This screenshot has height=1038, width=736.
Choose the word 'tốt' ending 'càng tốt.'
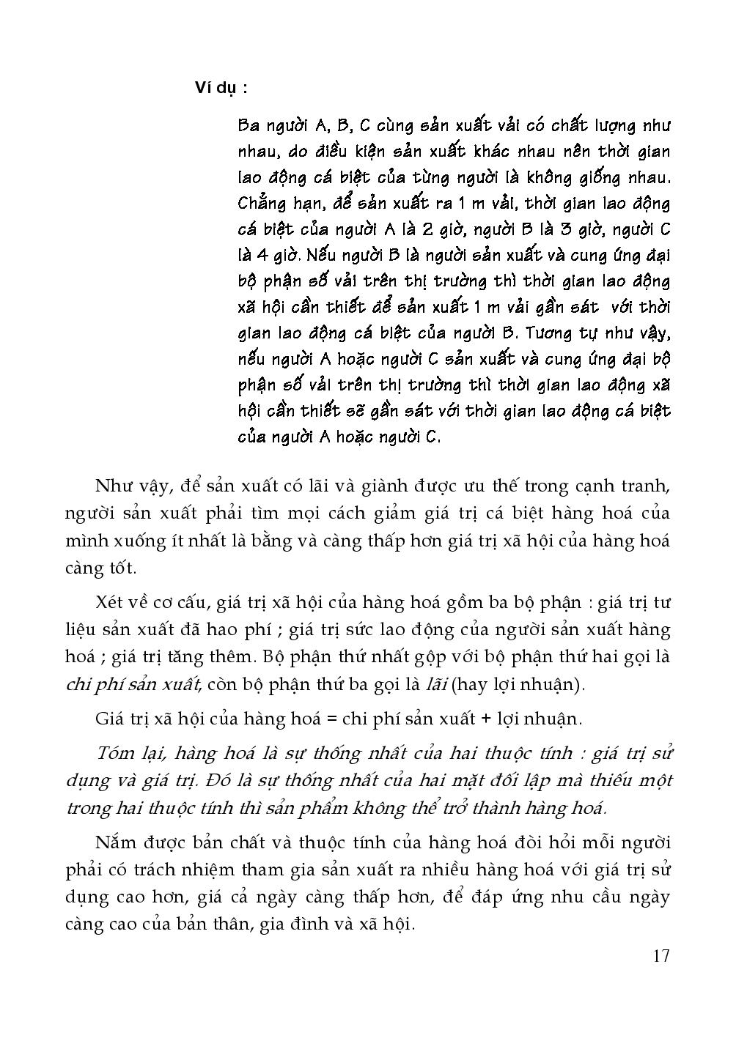coord(122,568)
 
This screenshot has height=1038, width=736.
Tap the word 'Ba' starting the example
coord(249,125)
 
